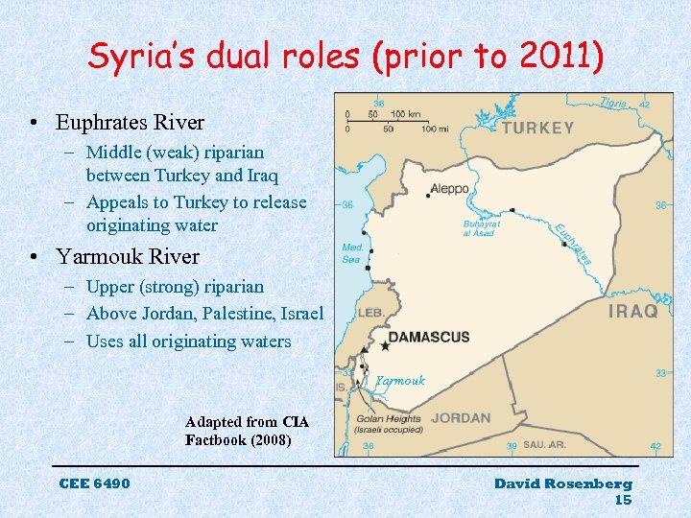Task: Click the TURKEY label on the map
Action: [x=538, y=128]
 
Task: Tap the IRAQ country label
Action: [x=633, y=312]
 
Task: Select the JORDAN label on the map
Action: [x=461, y=418]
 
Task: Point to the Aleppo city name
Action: [x=449, y=189]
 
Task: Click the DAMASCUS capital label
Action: [x=429, y=338]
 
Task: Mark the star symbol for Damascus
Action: [x=386, y=345]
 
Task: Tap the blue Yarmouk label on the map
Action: [x=400, y=381]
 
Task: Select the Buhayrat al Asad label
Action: [x=480, y=227]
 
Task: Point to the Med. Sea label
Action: [x=352, y=252]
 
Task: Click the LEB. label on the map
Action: [x=371, y=313]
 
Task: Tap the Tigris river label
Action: [x=613, y=103]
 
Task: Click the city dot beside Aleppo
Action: [x=428, y=196]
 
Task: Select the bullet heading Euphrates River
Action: [x=130, y=123]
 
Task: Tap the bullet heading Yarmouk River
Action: [x=128, y=257]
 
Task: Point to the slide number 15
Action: [x=623, y=500]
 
